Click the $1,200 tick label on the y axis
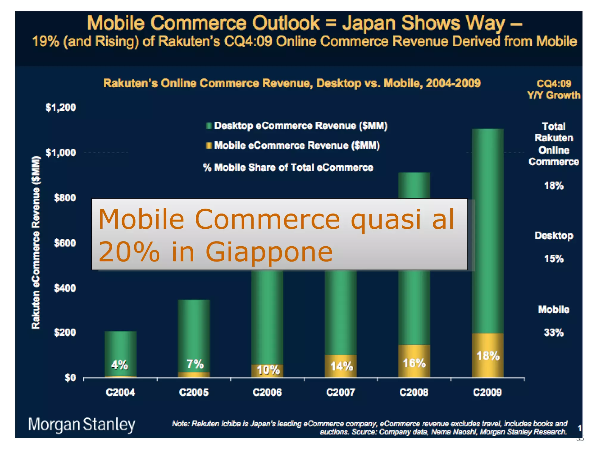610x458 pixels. [60, 108]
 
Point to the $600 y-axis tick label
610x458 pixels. [65, 243]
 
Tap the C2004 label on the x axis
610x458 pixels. [120, 392]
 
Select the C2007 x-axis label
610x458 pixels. [341, 392]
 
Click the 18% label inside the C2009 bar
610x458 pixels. [488, 356]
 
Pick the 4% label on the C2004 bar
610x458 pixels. [119, 364]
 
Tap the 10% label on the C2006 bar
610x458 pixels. [268, 370]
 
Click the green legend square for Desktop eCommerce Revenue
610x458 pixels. [209, 126]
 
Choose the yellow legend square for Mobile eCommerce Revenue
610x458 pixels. [209, 146]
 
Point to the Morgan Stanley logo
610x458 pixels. [82, 425]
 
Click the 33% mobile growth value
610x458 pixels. [553, 332]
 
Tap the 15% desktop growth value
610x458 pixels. [553, 259]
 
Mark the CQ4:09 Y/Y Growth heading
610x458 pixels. [553, 89]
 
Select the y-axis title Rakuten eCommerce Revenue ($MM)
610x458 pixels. [36, 242]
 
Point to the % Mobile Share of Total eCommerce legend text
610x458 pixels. [288, 168]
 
